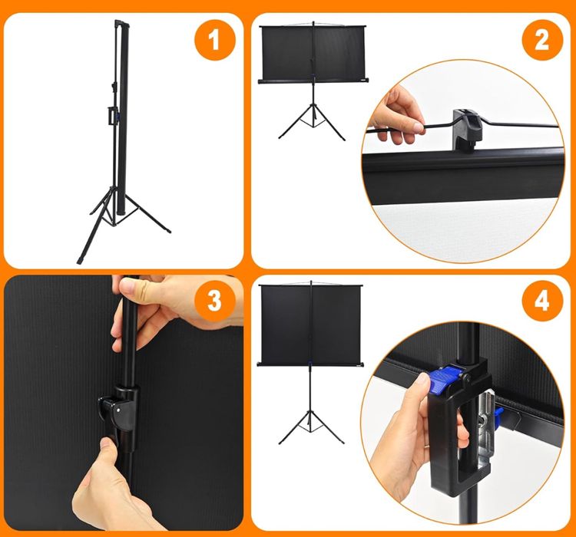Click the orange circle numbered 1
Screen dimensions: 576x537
pos(214,40)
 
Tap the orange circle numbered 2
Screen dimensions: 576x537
pos(542,40)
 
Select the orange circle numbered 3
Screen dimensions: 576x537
pos(214,301)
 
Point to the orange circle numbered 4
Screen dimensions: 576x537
pos(542,301)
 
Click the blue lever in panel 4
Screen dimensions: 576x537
pos(442,380)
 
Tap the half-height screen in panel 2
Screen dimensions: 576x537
pos(313,53)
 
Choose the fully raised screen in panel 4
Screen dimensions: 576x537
pos(311,325)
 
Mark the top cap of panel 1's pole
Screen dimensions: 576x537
pos(122,23)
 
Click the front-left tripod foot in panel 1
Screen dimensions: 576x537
pos(81,260)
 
